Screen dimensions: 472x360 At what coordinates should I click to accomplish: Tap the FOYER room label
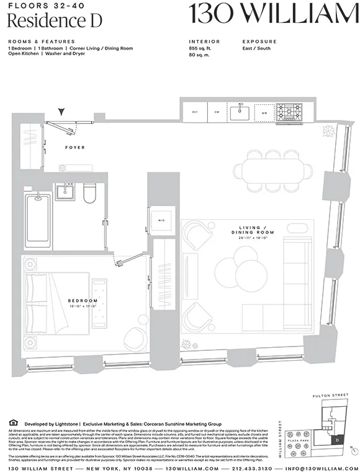(75, 147)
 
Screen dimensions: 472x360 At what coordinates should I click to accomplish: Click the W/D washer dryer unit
(161, 219)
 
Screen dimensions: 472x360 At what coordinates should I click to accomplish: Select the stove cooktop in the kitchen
(289, 112)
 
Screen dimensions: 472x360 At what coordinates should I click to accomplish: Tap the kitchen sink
(240, 112)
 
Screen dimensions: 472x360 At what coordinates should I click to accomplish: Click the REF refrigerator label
(195, 112)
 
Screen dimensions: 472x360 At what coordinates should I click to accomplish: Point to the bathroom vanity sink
(65, 191)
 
